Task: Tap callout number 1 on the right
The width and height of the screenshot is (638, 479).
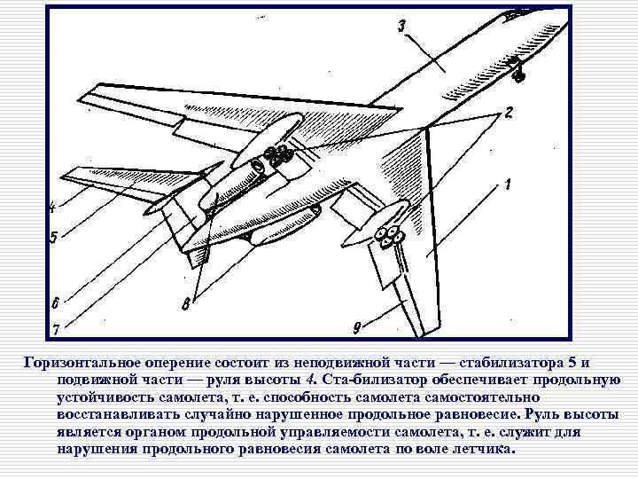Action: click(509, 185)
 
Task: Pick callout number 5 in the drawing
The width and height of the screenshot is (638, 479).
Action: click(53, 238)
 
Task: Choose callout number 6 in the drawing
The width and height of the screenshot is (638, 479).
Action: click(55, 300)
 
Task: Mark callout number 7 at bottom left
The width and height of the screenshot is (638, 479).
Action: click(55, 330)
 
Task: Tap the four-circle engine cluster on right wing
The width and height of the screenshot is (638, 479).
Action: click(388, 235)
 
